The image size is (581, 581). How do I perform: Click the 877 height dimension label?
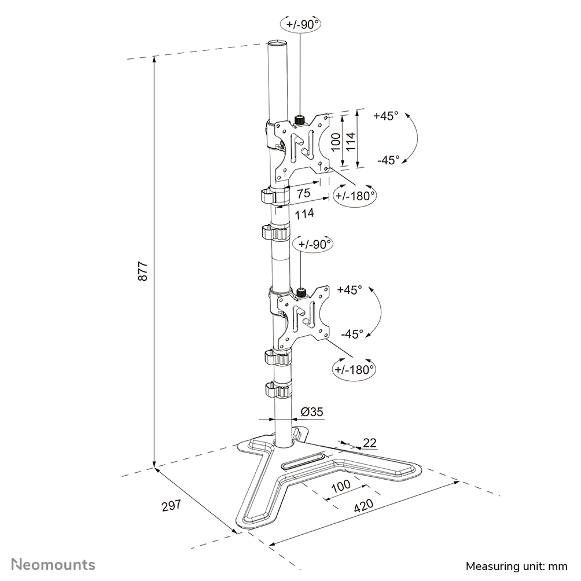tap(143, 271)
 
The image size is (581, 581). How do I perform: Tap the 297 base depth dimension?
tap(171, 505)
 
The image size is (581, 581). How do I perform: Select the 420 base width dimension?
tap(363, 506)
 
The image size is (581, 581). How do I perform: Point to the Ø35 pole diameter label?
tap(311, 411)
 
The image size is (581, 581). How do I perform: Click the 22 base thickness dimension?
tap(369, 443)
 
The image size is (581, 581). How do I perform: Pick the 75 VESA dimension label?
tap(303, 193)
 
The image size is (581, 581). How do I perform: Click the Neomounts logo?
tap(53, 564)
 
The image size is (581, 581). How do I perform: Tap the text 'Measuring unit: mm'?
tap(517, 567)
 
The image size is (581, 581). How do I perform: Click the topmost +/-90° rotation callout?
tap(300, 24)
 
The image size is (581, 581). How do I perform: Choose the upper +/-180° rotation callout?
tap(355, 196)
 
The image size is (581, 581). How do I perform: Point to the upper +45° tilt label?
tap(386, 116)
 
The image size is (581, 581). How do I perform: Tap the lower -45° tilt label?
tap(352, 333)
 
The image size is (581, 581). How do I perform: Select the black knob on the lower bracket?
tap(302, 293)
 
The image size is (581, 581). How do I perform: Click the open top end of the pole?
tap(278, 42)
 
